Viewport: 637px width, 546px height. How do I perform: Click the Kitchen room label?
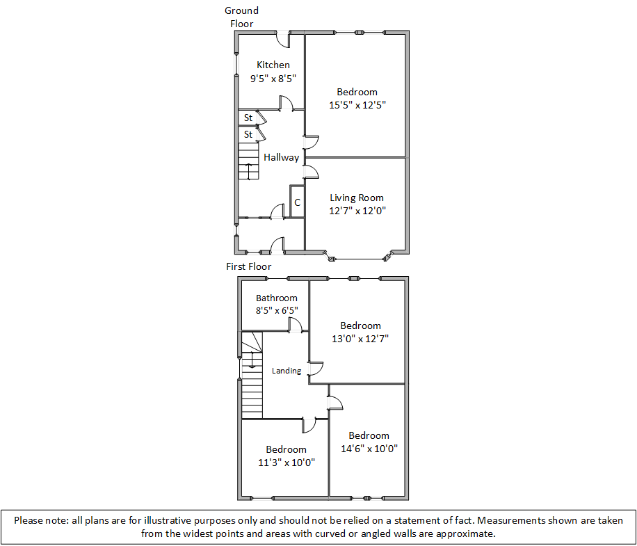point(273,65)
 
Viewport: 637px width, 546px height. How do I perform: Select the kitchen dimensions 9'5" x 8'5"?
point(273,79)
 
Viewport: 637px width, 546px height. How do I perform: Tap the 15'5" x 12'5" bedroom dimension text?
point(357,105)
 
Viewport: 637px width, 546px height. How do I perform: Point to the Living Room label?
point(357,198)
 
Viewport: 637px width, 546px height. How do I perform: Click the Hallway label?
point(281,158)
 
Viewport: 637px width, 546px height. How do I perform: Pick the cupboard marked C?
point(297,203)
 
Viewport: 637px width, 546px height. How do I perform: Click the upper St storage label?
point(248,118)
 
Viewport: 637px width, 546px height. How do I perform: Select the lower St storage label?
point(248,134)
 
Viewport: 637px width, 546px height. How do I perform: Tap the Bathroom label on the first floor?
point(276,298)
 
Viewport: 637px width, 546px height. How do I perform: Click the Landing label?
point(287,371)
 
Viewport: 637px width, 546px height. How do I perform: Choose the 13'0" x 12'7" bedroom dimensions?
point(360,339)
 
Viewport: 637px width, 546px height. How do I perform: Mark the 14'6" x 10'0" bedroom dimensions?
point(369,449)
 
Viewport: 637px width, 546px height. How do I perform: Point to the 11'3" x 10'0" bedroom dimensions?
point(286,463)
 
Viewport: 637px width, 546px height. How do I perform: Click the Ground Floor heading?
point(241,17)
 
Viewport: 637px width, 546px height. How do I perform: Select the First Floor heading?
point(248,266)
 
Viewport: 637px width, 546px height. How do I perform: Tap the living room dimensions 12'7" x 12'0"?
point(357,211)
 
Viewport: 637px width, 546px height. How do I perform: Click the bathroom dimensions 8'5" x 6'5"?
point(276,311)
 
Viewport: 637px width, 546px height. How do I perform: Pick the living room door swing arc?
point(312,170)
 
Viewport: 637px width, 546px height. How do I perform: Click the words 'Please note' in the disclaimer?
point(39,520)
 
